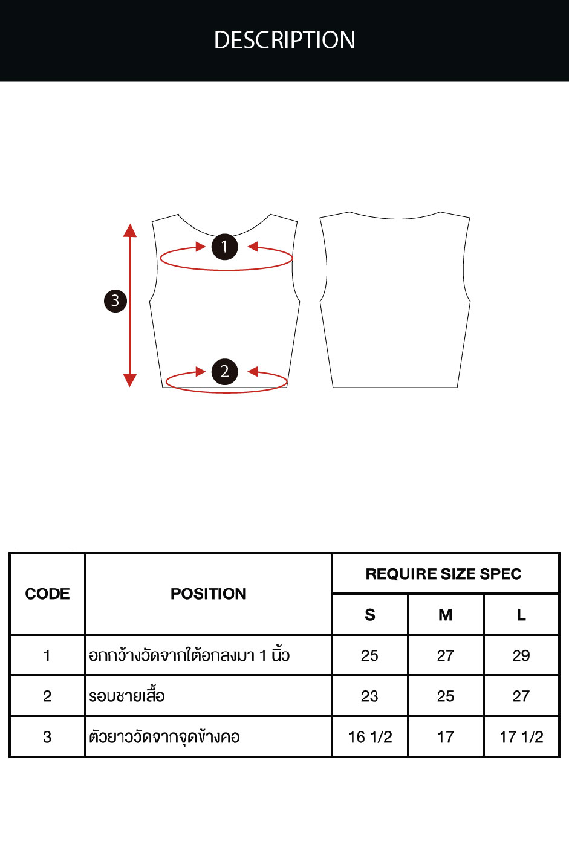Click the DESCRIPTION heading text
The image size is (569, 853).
point(284,40)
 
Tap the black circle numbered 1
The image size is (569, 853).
point(225,247)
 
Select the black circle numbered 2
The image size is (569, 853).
point(225,372)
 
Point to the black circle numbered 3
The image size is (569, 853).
point(115,301)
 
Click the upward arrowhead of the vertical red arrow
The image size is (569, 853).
point(130,230)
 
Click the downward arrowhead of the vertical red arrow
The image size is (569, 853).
point(130,380)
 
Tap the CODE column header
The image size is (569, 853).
point(48,594)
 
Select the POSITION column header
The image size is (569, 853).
point(209,594)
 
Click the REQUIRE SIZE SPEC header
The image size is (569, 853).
point(444,574)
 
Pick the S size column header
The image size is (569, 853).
point(370,615)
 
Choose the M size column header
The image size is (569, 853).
point(446,615)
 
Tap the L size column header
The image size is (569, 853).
point(521,615)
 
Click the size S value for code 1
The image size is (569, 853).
point(369,656)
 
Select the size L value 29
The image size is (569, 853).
point(521,656)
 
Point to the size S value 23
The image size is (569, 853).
point(369,696)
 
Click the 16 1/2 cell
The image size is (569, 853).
point(370,738)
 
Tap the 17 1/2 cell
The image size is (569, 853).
point(521,738)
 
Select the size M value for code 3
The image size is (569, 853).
point(446,738)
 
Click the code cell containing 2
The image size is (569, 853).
point(47,696)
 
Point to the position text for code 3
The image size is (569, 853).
point(164,738)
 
